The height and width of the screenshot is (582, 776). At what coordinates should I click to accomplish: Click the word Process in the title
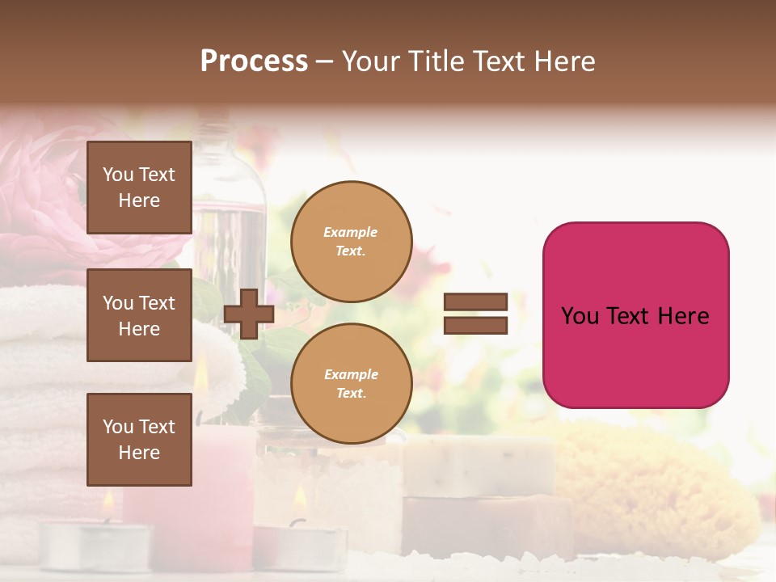[x=254, y=61]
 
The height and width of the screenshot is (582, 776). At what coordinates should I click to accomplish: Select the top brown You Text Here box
[x=139, y=188]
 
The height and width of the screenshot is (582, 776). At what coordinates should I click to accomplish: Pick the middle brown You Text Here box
[x=139, y=315]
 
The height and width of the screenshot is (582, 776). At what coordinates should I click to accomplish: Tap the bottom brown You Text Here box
[x=139, y=439]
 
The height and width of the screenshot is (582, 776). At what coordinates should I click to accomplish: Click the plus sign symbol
[x=249, y=314]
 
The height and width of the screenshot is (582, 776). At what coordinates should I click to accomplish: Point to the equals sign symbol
[x=475, y=314]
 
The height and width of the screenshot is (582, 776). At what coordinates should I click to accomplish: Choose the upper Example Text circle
[x=351, y=242]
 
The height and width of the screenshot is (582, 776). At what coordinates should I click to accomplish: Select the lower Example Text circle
[x=351, y=384]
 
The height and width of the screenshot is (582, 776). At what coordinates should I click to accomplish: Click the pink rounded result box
[x=635, y=315]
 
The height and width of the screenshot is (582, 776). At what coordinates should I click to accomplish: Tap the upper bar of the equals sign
[x=475, y=302]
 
